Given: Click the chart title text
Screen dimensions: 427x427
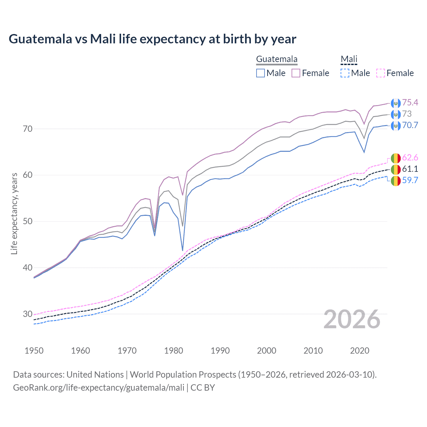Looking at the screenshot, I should (152, 39).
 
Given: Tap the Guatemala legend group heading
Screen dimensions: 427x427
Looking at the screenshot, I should (277, 59).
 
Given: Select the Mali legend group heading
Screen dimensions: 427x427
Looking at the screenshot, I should (349, 59).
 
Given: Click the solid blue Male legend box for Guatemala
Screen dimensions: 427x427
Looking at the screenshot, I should (261, 73).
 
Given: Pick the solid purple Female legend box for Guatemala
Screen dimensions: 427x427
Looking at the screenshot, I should (296, 73).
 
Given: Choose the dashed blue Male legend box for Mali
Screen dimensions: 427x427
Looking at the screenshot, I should (345, 73).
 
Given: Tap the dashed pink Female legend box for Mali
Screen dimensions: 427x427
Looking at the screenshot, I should (381, 73).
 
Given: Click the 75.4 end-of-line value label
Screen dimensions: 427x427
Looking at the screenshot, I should (410, 102).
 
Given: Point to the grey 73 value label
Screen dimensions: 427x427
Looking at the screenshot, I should (407, 114).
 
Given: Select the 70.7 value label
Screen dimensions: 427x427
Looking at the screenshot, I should (410, 125).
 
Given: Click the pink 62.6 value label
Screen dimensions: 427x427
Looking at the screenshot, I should (410, 157).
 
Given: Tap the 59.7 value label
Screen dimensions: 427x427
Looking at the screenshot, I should (410, 180).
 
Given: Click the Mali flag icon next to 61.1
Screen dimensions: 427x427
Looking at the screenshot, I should (396, 169).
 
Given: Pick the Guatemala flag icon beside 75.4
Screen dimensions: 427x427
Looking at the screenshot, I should (396, 103).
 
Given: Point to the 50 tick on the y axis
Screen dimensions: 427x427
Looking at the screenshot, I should (28, 221).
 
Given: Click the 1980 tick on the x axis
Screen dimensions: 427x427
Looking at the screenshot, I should (173, 351).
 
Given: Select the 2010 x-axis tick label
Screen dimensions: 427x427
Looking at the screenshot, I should (313, 351).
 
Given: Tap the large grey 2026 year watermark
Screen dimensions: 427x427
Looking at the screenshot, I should (352, 319).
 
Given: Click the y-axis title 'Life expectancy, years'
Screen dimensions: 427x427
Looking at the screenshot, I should (14, 213).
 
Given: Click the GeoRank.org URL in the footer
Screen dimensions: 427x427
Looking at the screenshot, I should (99, 388).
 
